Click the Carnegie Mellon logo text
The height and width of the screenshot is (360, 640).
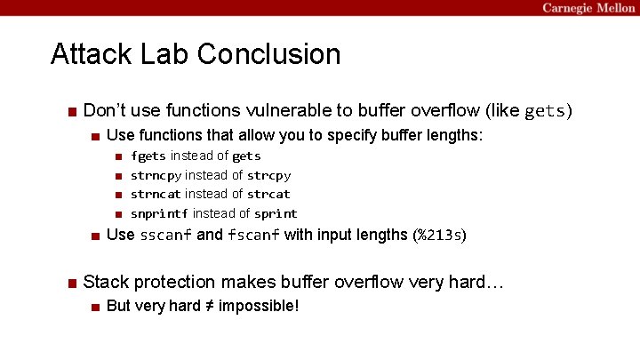point(588,8)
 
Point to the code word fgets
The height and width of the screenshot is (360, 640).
point(148,156)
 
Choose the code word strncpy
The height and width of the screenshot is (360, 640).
point(156,175)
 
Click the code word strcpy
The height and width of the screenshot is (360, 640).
point(268,175)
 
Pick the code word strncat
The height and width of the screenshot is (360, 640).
point(156,194)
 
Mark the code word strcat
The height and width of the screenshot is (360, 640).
point(268,194)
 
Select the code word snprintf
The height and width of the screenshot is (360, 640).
point(159,213)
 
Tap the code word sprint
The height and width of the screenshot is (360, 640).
point(276,213)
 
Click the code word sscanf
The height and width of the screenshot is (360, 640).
point(165,236)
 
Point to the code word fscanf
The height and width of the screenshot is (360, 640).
point(253,236)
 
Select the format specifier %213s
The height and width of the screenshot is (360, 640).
point(439,236)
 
